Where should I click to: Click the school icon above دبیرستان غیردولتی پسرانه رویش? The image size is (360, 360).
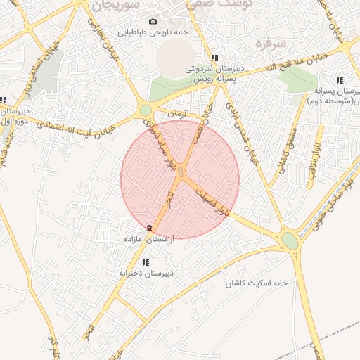click(214, 58)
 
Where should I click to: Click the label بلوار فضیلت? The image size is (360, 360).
click(214, 201)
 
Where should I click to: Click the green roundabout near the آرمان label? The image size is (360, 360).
click(146, 110)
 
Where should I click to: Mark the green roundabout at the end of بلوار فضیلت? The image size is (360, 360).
click(289, 240)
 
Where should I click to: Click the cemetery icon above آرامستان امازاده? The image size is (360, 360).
click(148, 228)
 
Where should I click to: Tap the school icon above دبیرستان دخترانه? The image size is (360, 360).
click(146, 262)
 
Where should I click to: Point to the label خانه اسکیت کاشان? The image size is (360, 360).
click(257, 283)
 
